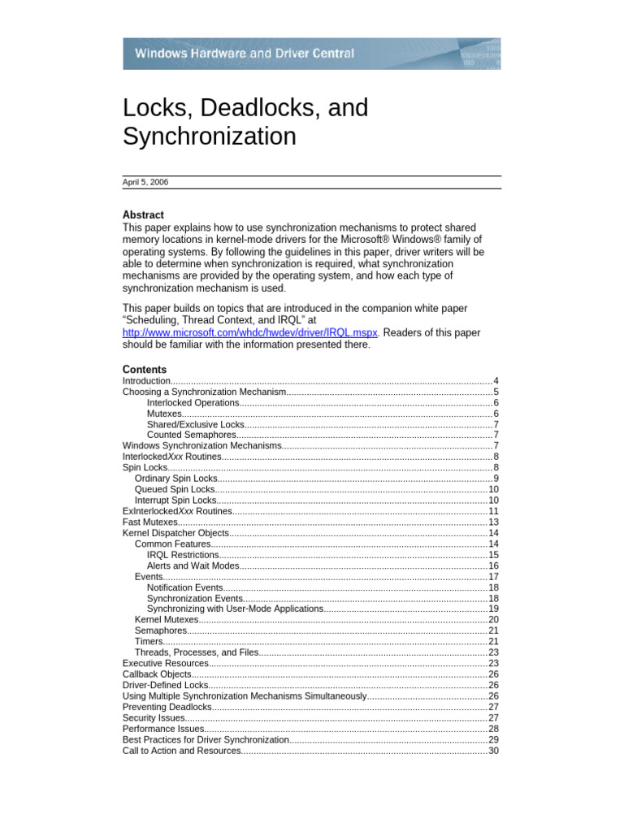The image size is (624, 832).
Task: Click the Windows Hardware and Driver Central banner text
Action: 244,54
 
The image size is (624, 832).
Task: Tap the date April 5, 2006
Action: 145,183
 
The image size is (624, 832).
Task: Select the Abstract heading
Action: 143,214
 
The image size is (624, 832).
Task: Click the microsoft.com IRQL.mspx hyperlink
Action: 249,332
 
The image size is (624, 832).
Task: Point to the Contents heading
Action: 145,369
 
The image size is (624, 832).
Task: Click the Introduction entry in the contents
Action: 146,381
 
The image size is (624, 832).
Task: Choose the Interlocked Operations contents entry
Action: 193,403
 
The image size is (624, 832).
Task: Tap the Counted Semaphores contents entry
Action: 193,435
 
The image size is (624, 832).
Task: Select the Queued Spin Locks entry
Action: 175,489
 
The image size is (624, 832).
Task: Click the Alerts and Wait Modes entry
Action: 193,565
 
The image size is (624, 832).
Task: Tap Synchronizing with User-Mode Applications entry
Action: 235,609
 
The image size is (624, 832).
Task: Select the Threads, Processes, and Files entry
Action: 197,652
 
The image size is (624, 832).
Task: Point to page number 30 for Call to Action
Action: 493,751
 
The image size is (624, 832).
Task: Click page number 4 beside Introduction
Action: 496,381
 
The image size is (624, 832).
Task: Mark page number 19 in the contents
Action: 493,609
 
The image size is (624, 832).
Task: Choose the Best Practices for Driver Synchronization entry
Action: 206,740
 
